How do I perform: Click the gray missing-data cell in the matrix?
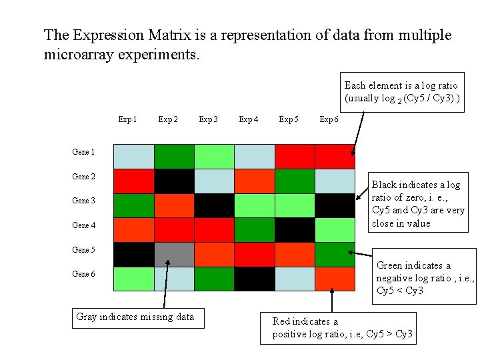pyautogui.click(x=174, y=254)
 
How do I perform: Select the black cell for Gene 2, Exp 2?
pyautogui.click(x=174, y=181)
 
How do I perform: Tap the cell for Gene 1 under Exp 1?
pyautogui.click(x=133, y=156)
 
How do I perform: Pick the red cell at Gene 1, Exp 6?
pyautogui.click(x=335, y=156)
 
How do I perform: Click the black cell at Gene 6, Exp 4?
pyautogui.click(x=254, y=279)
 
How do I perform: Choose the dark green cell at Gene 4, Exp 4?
pyautogui.click(x=254, y=230)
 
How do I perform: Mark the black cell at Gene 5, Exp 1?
pyautogui.click(x=133, y=254)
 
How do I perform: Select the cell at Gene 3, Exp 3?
pyautogui.click(x=214, y=205)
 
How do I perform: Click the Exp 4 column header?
pyautogui.click(x=248, y=120)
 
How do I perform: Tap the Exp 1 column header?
pyautogui.click(x=127, y=120)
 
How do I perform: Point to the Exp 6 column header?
pyautogui.click(x=329, y=120)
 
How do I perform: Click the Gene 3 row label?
pyautogui.click(x=83, y=201)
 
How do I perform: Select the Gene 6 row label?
pyautogui.click(x=83, y=274)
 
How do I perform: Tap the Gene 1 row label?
pyautogui.click(x=83, y=152)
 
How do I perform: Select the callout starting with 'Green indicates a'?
pyautogui.click(x=425, y=278)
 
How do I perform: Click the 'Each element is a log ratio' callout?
pyautogui.click(x=402, y=92)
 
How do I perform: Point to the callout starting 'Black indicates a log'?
pyautogui.click(x=417, y=204)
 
